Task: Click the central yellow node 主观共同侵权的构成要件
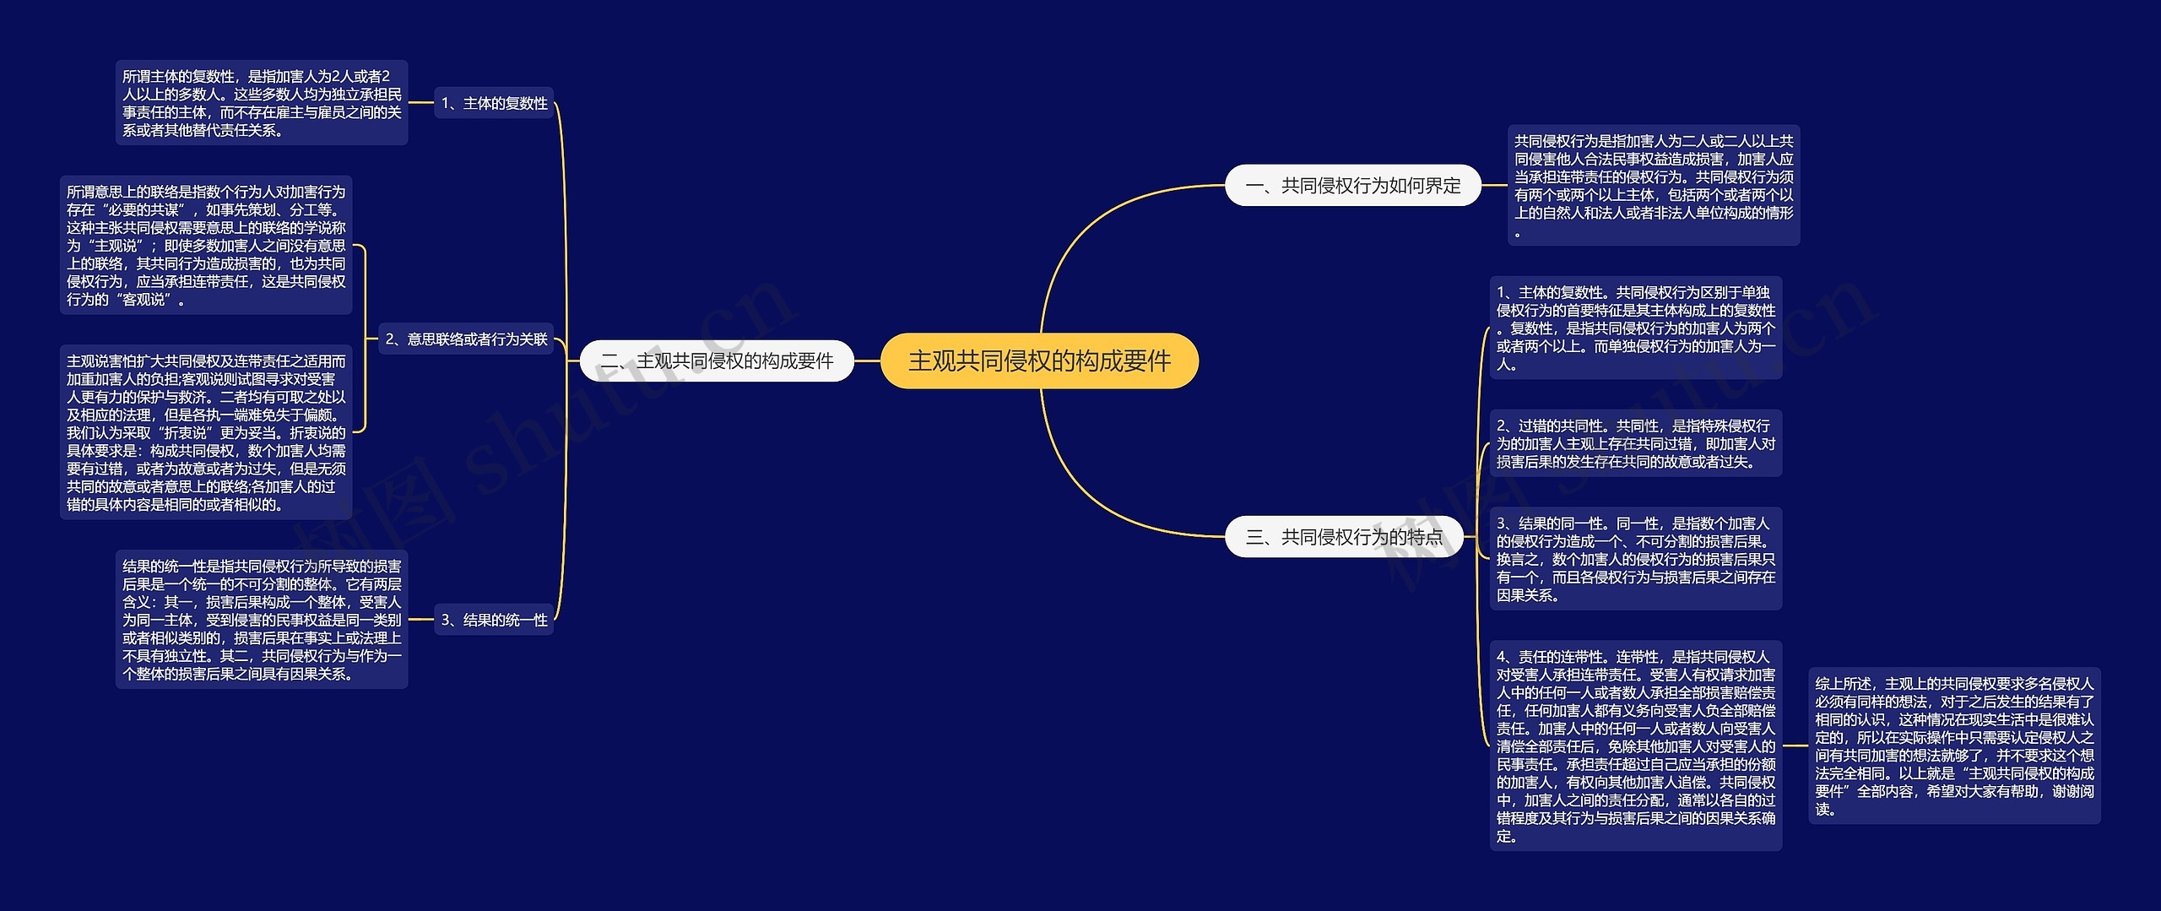(1039, 361)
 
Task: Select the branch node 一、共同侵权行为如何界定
(1352, 186)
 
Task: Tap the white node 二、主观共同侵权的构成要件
(717, 361)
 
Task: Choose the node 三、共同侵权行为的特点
(1344, 537)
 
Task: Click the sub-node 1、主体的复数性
(494, 103)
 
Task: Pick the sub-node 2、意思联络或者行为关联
(466, 339)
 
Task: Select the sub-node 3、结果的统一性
(494, 620)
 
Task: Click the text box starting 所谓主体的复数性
(262, 103)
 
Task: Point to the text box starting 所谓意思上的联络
(206, 246)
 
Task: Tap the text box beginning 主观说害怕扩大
(206, 432)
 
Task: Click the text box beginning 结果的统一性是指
(262, 620)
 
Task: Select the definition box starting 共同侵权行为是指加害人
(1653, 186)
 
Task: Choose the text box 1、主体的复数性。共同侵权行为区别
(1635, 328)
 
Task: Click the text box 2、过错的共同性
(1635, 444)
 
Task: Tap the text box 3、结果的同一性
(1635, 559)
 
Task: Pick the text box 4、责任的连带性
(1635, 746)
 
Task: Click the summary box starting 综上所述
(1953, 746)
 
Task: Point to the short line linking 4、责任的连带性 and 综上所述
(1795, 746)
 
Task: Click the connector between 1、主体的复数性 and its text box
(421, 103)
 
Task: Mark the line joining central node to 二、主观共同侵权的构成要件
(868, 361)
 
